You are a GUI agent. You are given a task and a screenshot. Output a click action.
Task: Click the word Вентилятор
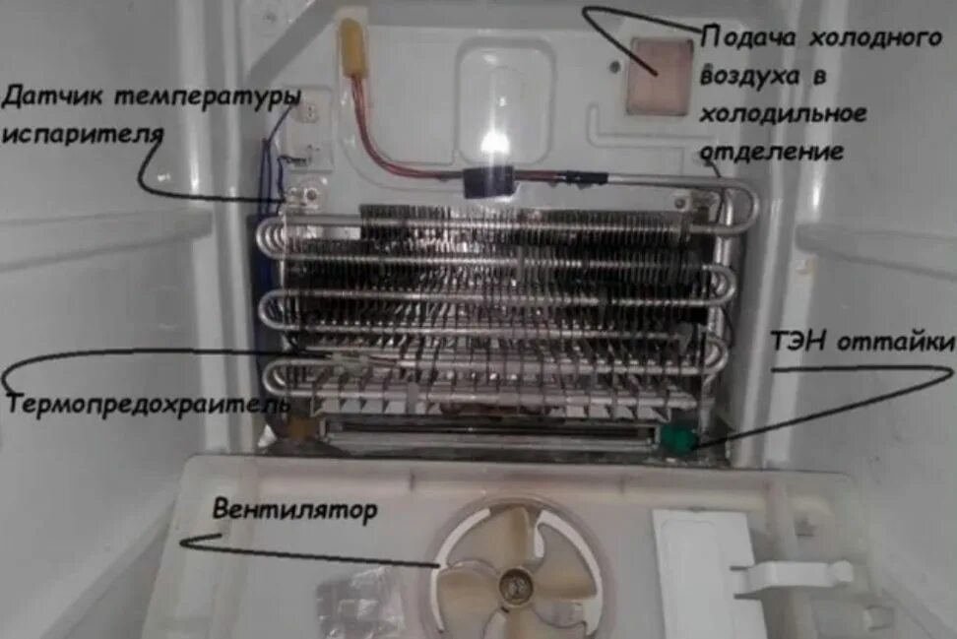pyautogui.click(x=294, y=512)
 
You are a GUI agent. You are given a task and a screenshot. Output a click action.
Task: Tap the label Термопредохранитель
pyautogui.click(x=148, y=404)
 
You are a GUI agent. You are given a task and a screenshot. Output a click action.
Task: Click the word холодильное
pyautogui.click(x=784, y=114)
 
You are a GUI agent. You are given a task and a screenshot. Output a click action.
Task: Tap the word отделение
pyautogui.click(x=772, y=152)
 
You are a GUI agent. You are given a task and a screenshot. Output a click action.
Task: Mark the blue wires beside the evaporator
pyautogui.click(x=271, y=172)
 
